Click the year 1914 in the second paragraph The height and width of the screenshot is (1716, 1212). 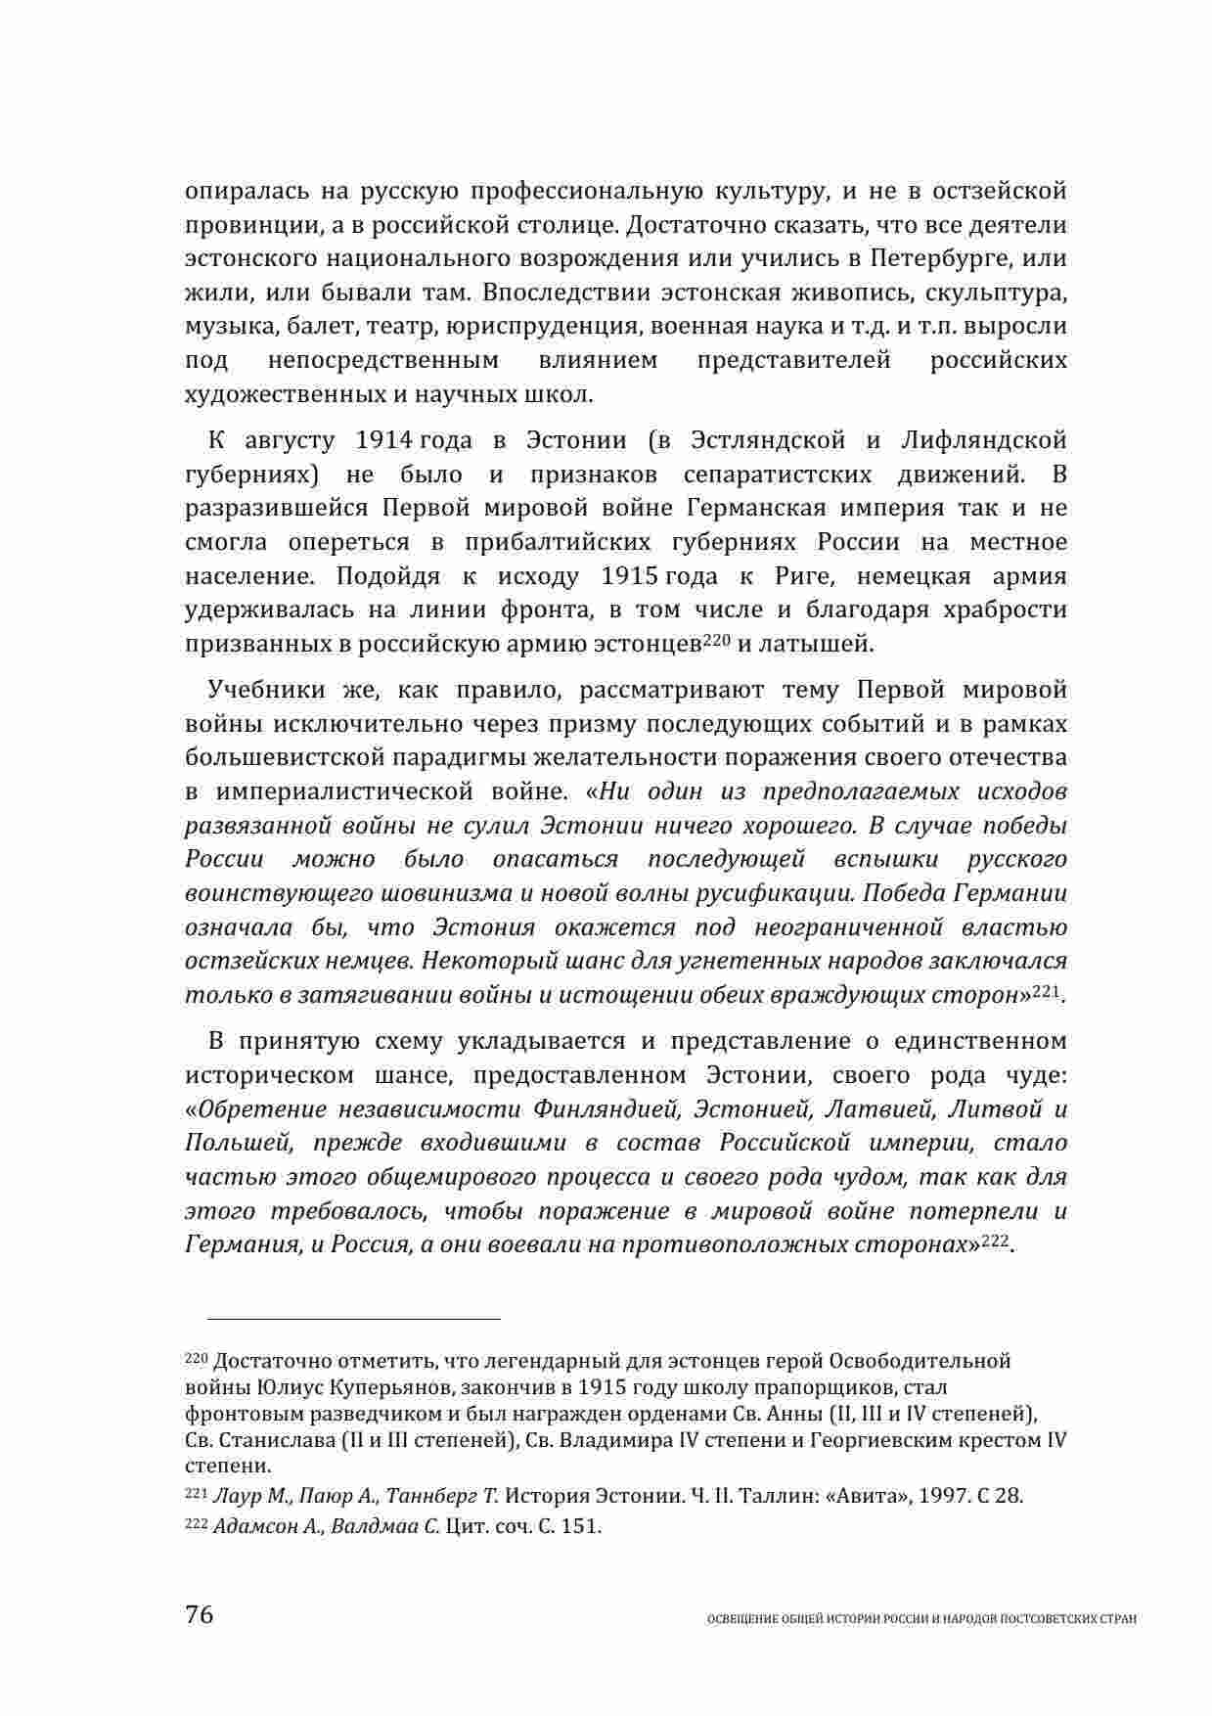(x=387, y=440)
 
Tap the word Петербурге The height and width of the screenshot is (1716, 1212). (x=944, y=259)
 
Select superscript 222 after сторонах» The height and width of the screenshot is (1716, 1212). (x=995, y=1240)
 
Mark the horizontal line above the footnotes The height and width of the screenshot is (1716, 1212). (x=342, y=1319)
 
